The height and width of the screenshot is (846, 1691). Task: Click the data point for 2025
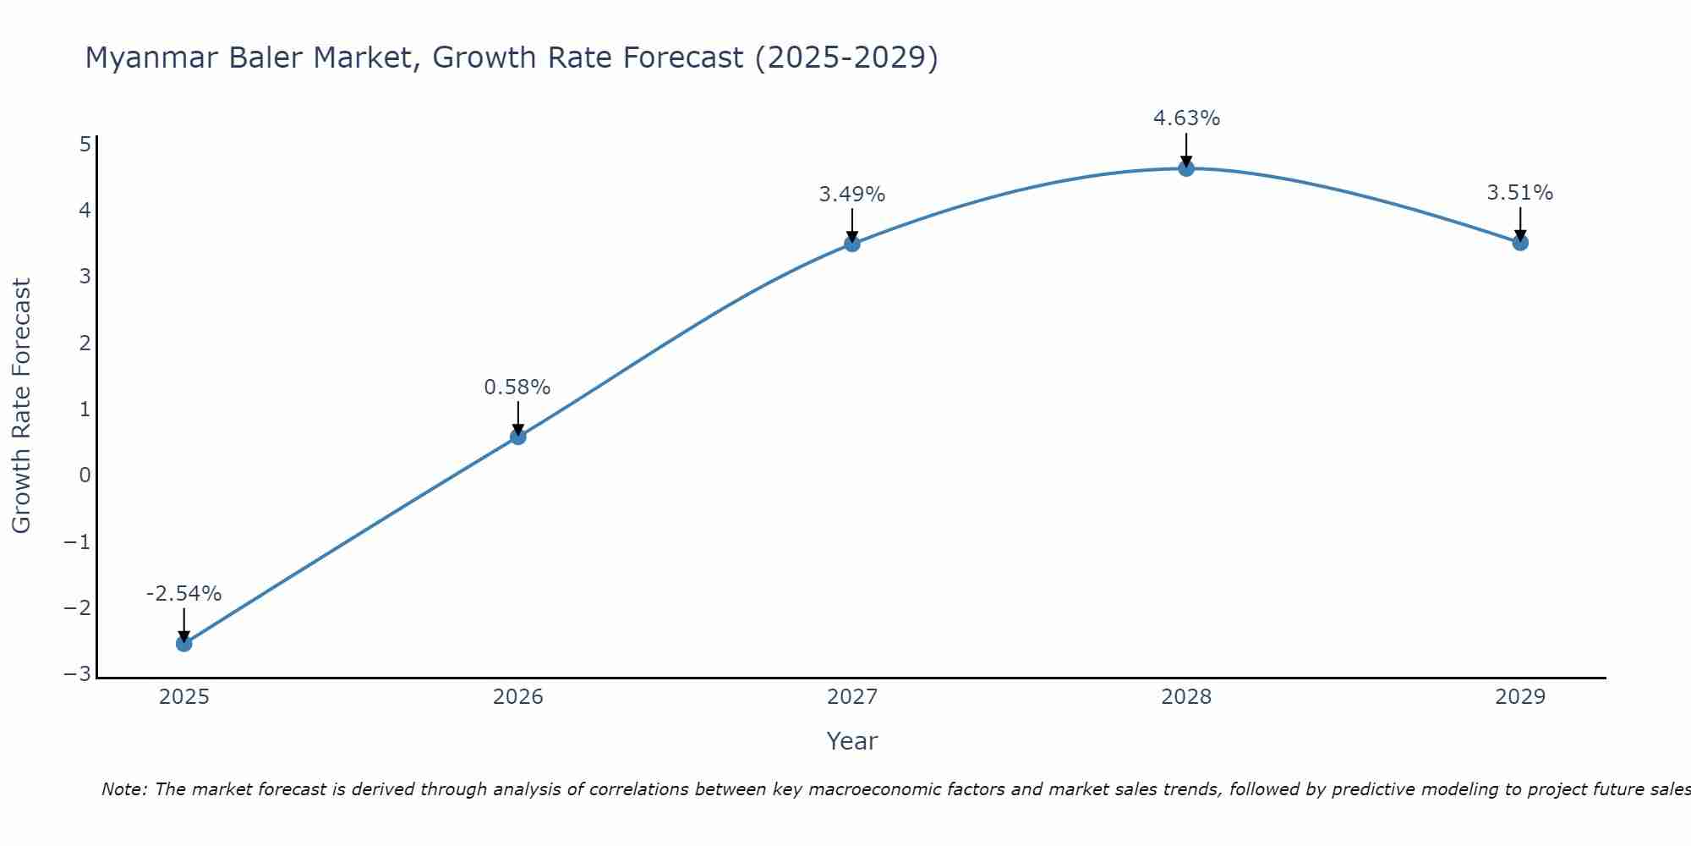coord(183,644)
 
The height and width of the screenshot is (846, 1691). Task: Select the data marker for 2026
coord(518,437)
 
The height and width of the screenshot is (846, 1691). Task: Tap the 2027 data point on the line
coord(852,244)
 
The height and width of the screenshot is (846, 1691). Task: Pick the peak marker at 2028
coord(1186,168)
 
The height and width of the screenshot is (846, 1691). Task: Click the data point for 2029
coord(1520,243)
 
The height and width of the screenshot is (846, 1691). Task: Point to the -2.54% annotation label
coord(183,594)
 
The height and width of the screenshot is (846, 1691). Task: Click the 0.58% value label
coord(517,387)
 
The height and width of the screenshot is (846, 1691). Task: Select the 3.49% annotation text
coord(852,195)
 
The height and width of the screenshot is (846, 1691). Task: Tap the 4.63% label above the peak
coord(1186,118)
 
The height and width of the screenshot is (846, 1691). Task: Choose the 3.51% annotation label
coord(1520,193)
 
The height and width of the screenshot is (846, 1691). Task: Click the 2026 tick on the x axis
coord(518,697)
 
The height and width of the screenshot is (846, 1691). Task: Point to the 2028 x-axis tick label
coord(1186,697)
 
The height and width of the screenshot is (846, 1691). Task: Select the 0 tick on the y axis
coord(85,475)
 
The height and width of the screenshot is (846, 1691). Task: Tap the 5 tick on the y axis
coord(85,145)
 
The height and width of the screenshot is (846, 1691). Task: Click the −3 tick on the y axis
coord(78,674)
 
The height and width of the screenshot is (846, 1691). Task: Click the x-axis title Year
coord(852,741)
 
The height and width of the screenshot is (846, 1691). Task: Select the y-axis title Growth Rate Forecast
coord(21,406)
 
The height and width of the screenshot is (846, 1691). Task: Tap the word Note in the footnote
coord(123,789)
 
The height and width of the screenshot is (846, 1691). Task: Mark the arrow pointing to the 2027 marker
coord(852,224)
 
